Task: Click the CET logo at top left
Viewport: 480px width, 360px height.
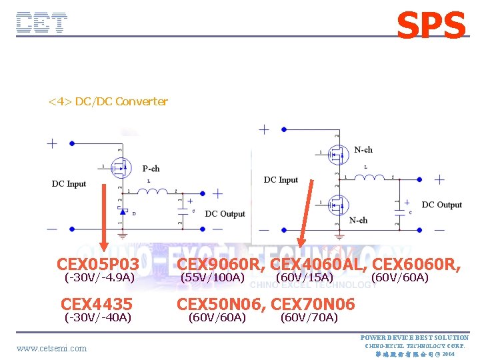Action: point(42,23)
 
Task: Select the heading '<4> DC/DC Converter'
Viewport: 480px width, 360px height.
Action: point(108,101)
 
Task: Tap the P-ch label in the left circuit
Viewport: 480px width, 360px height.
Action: point(151,169)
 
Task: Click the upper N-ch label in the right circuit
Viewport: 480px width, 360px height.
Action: point(363,149)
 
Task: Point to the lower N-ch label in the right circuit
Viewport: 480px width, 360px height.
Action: point(358,220)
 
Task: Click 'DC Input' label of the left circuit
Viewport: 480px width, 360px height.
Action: point(69,184)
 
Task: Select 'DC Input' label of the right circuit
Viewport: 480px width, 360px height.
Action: point(281,180)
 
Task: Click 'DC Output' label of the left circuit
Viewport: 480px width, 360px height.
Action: point(225,214)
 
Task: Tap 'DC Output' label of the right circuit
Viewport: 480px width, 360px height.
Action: point(441,205)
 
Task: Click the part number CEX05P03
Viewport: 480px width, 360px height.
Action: point(98,265)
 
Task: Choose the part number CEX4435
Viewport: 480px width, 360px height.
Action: point(97,305)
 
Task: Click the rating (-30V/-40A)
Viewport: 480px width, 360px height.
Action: point(97,317)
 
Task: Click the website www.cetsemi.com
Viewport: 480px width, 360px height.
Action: point(51,348)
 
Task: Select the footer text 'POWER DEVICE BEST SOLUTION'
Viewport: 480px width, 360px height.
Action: point(414,338)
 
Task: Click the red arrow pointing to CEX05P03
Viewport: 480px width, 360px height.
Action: point(105,217)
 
